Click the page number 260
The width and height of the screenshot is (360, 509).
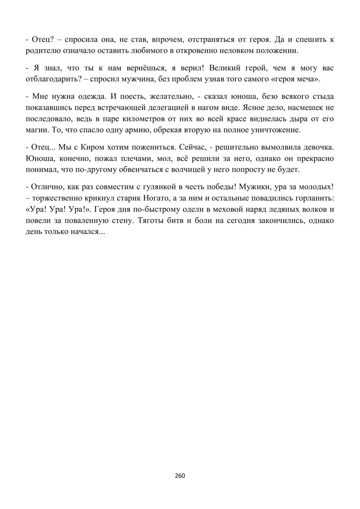coord(180,476)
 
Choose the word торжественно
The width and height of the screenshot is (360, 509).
coord(55,198)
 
